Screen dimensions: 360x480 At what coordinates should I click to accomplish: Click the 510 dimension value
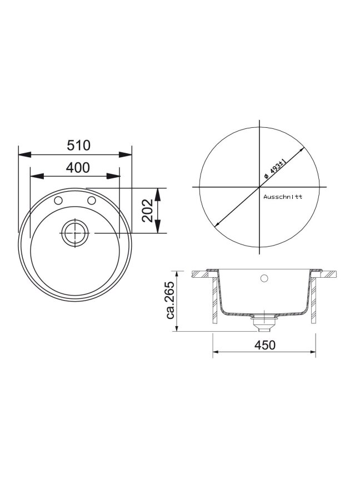[79, 145]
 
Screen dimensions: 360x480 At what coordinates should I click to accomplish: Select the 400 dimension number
[78, 167]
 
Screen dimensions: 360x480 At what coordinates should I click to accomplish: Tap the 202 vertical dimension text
[148, 211]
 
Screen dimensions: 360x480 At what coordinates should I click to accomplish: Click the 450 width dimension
[265, 345]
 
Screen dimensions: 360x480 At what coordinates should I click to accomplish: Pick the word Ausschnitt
[283, 197]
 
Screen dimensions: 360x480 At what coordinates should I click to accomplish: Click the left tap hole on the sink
[58, 201]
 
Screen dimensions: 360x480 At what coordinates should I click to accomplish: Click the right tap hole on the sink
[92, 201]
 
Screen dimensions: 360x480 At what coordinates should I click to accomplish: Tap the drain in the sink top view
[75, 233]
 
